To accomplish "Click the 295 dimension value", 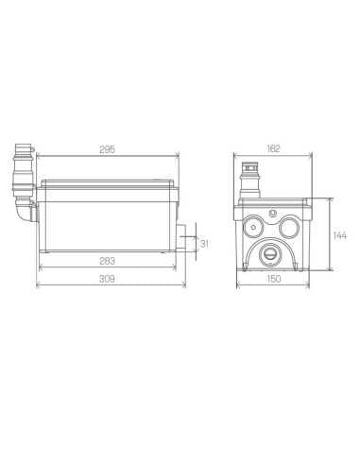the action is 108,149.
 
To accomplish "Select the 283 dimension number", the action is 107,261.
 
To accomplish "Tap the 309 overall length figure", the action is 107,279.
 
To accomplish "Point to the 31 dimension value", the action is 205,244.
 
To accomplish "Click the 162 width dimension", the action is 273,148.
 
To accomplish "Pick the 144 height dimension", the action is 340,235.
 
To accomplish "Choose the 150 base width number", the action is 273,279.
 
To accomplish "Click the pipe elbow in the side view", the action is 24,211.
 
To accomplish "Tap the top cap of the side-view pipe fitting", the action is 24,147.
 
